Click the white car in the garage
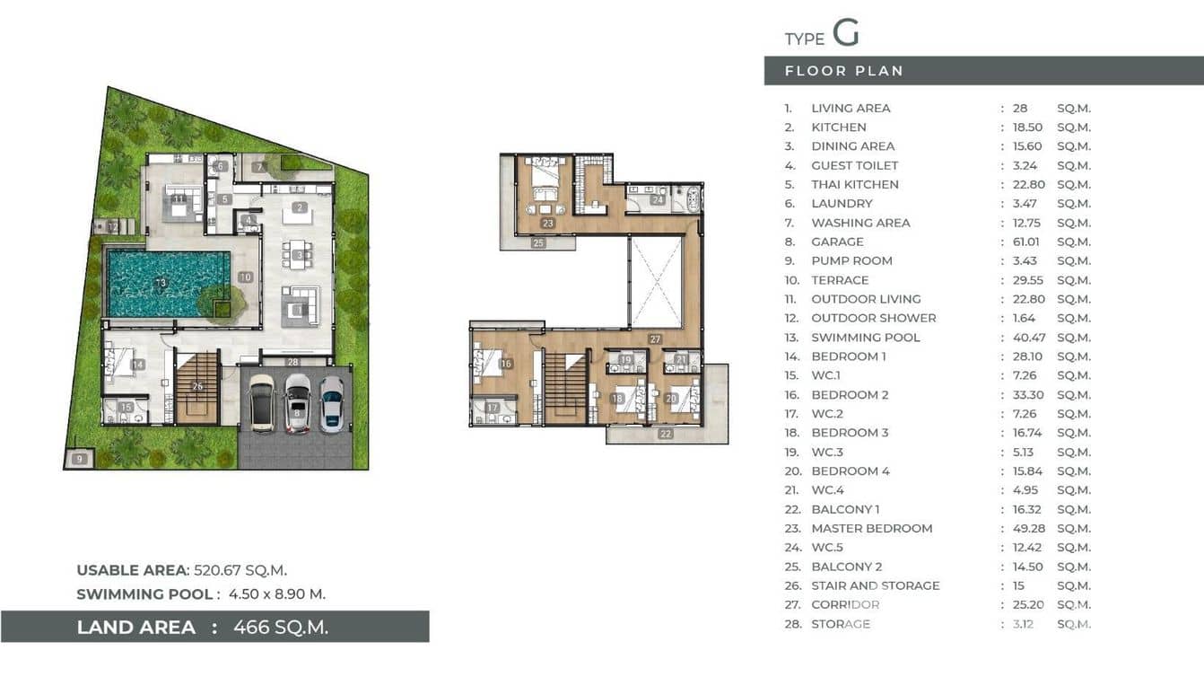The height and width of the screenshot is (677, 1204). (x=297, y=402)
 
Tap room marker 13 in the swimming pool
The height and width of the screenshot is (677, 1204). (x=161, y=284)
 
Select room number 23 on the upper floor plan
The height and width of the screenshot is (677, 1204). (x=547, y=224)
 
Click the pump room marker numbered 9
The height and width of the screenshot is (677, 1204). (x=80, y=459)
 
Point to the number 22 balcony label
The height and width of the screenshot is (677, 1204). (x=666, y=434)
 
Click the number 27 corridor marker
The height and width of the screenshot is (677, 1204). (x=656, y=339)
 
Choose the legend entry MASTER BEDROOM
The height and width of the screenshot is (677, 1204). (x=871, y=528)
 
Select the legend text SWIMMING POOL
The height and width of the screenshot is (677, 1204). (x=865, y=338)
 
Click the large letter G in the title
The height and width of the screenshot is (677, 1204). (x=845, y=33)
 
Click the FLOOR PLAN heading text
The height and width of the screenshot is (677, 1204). (x=843, y=71)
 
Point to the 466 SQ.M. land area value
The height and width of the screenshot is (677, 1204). (x=280, y=627)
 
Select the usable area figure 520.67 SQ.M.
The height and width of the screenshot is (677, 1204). (x=240, y=570)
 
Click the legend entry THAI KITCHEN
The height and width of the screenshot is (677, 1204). (x=854, y=184)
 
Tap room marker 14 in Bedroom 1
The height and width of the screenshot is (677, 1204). (x=137, y=365)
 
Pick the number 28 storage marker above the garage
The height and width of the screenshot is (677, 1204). (x=292, y=362)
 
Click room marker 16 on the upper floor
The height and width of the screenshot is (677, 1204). (x=506, y=364)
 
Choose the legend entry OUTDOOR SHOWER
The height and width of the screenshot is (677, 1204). (x=873, y=318)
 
